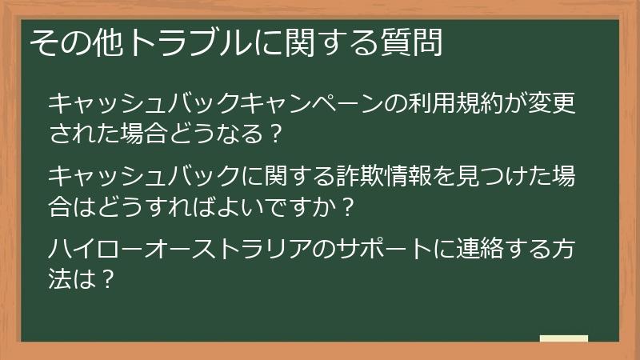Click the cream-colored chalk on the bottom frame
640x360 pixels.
click(x=563, y=338)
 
